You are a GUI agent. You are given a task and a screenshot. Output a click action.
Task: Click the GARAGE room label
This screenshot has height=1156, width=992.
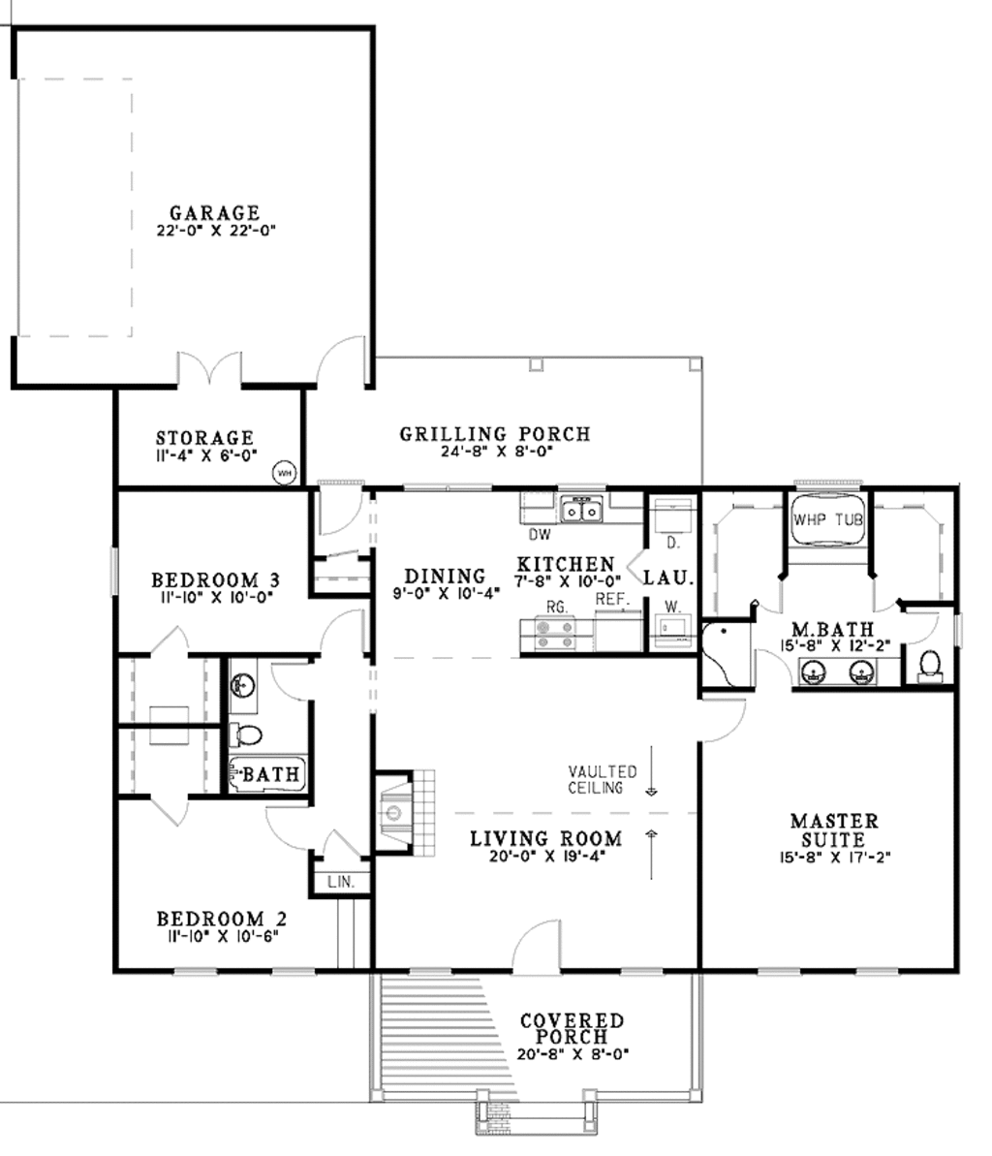click(x=215, y=212)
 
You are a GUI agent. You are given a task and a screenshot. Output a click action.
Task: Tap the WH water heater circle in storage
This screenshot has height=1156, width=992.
click(x=285, y=473)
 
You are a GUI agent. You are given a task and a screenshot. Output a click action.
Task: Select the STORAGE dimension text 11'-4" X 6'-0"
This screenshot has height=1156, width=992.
click(x=204, y=453)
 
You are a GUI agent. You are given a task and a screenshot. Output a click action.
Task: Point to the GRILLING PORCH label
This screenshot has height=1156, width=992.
click(x=495, y=434)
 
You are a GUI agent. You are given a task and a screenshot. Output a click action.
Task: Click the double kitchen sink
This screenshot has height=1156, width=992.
click(x=581, y=509)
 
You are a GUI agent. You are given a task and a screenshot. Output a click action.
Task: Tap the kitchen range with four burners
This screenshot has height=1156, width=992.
click(x=546, y=634)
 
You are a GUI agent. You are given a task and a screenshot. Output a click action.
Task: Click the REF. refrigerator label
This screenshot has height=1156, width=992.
click(x=612, y=600)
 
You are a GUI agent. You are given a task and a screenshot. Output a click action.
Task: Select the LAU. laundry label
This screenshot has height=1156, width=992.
click(x=669, y=578)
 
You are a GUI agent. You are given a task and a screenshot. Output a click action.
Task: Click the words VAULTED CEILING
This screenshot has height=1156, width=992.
click(x=603, y=779)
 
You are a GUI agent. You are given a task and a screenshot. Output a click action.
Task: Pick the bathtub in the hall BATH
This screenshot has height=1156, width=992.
click(x=267, y=773)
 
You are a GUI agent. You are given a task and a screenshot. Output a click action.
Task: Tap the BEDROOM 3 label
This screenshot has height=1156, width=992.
click(x=216, y=580)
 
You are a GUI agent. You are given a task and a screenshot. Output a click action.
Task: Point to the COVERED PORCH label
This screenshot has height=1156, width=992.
click(x=572, y=1029)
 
